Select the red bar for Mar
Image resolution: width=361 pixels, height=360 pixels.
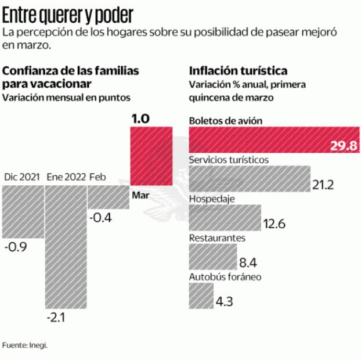click(x=150, y=156)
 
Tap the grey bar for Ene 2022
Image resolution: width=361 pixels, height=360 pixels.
click(x=66, y=247)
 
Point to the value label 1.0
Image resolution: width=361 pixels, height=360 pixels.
click(x=140, y=118)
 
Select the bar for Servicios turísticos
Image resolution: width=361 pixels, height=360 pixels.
click(x=250, y=178)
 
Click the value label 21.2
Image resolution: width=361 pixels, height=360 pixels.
click(x=323, y=185)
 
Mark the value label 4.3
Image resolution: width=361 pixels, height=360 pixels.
click(x=224, y=303)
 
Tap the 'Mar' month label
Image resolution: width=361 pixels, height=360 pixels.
click(x=141, y=195)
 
